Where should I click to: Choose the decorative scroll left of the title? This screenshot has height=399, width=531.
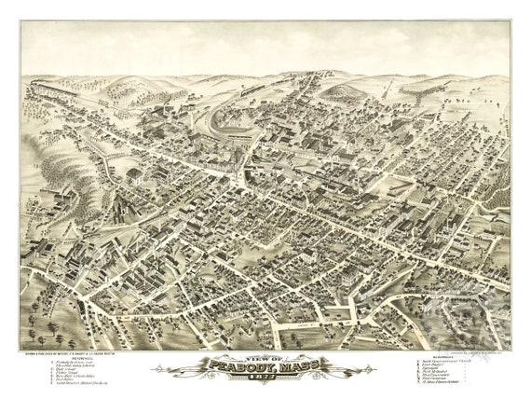pos(177,371)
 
